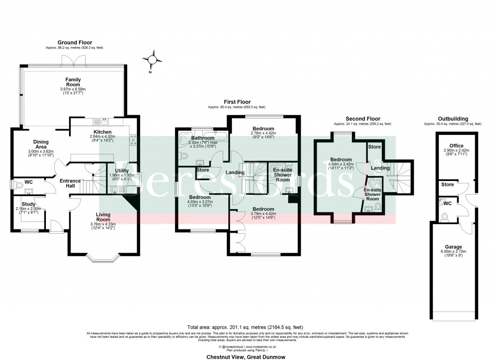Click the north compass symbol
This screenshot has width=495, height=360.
click(153, 60)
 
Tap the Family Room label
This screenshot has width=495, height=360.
click(73, 82)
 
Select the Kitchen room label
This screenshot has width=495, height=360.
click(102, 132)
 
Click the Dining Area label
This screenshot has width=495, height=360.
click(41, 145)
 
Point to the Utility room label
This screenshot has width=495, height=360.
click(122, 171)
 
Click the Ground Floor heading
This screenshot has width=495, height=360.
click(75, 43)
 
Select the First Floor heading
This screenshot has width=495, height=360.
click(236, 102)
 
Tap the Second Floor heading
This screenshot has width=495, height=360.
click(363, 119)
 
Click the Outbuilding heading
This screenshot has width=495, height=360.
click(452, 119)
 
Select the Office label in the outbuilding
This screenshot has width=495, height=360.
click(456, 145)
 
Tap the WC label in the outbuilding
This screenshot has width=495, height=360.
click(447, 203)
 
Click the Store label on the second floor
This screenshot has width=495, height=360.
click(374, 147)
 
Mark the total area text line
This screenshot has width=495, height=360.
click(247, 327)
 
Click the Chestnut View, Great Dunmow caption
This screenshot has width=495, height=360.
click(247, 357)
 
